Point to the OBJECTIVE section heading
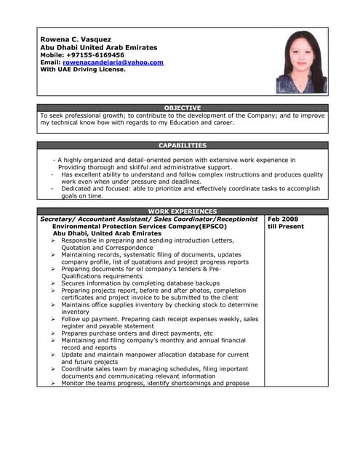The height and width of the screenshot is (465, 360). [182, 108]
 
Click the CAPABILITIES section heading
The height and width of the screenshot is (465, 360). [182, 145]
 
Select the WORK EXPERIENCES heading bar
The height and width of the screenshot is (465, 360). [182, 211]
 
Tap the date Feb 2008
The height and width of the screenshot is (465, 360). [283, 219]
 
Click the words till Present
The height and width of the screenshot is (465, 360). [286, 226]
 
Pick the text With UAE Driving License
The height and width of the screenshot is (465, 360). [83, 70]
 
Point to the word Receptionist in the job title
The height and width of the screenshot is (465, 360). [231, 219]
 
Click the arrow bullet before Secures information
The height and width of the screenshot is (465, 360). [54, 283]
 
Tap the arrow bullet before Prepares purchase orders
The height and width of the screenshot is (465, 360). [54, 333]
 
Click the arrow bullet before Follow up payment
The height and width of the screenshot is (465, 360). [54, 319]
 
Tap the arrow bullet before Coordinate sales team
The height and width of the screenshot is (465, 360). [54, 368]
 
